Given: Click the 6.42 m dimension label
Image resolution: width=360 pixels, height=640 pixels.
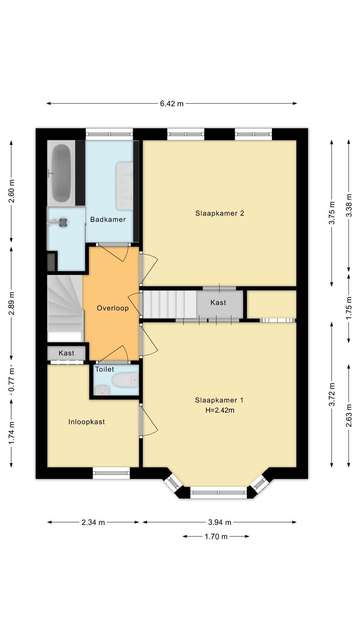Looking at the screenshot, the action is [172, 104].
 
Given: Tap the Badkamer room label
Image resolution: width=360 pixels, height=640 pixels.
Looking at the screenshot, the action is [108, 220].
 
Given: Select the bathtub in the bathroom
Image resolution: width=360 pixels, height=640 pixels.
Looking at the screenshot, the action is [61, 173].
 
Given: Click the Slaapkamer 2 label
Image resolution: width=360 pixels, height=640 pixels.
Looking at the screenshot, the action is [220, 213].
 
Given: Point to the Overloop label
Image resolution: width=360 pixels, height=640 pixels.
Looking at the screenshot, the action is [112, 308].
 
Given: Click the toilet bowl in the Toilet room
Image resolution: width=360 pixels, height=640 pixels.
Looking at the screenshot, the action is [125, 380].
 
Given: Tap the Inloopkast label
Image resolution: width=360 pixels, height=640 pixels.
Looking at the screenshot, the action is [86, 422].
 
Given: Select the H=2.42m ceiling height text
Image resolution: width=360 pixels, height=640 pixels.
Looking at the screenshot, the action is [220, 410].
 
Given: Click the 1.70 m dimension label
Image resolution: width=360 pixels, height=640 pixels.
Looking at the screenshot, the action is [216, 536].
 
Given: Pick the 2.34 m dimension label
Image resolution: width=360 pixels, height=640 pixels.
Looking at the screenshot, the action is [93, 522].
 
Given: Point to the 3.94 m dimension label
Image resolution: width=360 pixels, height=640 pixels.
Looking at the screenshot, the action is [220, 522].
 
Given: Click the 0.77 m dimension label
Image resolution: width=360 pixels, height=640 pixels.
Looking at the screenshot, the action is [12, 380].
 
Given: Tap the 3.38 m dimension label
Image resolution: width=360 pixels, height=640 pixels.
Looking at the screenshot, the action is [349, 206].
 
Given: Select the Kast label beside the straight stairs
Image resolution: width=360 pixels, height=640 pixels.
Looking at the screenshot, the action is [218, 302].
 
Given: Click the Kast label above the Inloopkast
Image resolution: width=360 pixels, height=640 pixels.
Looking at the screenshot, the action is [66, 353].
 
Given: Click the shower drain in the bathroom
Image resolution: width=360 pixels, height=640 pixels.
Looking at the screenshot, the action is [62, 222].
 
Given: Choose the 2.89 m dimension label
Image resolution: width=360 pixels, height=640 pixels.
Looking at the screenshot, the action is [12, 303].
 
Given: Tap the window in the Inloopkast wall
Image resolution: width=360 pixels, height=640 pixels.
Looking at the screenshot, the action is [112, 473].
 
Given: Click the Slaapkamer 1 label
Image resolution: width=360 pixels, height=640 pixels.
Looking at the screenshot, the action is [219, 400].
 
